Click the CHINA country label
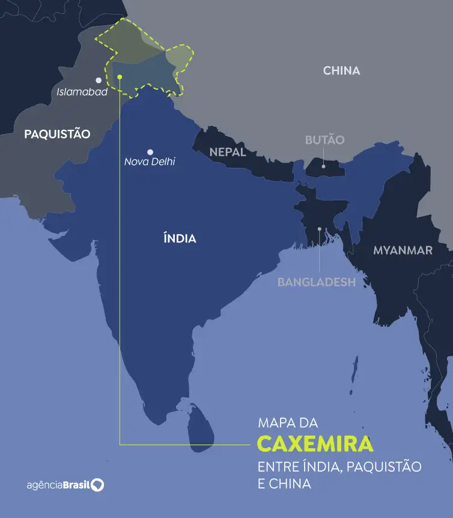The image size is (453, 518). pos(341,70)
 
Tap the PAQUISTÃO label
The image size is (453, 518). pos(57,134)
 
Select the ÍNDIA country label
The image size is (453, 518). pos(180,238)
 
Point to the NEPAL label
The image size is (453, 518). pos(228,152)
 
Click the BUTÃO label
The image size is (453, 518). pos(324,140)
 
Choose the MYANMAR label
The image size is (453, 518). pos(403,250)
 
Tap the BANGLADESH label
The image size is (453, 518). pos(316,282)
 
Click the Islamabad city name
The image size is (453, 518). pos(82,92)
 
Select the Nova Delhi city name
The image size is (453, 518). pos(150,162)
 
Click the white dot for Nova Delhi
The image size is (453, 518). pos(150,152)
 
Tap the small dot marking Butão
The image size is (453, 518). pos(323,166)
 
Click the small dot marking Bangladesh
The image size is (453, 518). pos(320,229)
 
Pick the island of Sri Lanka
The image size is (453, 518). pos(199,427)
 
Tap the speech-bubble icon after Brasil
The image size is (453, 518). pos(97,485)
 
